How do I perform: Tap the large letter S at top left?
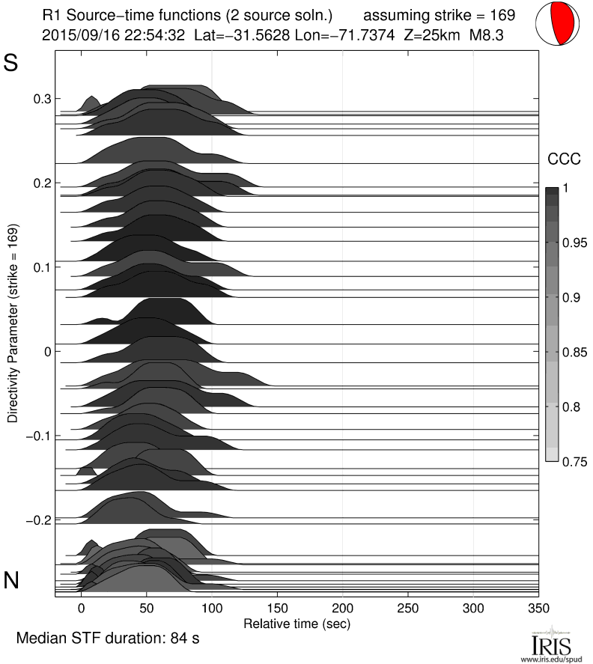[x=11, y=64]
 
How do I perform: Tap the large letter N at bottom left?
[x=12, y=579]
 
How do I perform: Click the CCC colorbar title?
[x=560, y=159]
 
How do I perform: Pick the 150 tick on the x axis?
[x=277, y=609]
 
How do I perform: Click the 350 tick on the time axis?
[x=538, y=609]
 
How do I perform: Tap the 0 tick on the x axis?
[x=82, y=609]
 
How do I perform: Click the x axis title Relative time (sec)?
[x=296, y=623]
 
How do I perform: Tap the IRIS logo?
[x=550, y=644]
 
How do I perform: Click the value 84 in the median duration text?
[x=170, y=639]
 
